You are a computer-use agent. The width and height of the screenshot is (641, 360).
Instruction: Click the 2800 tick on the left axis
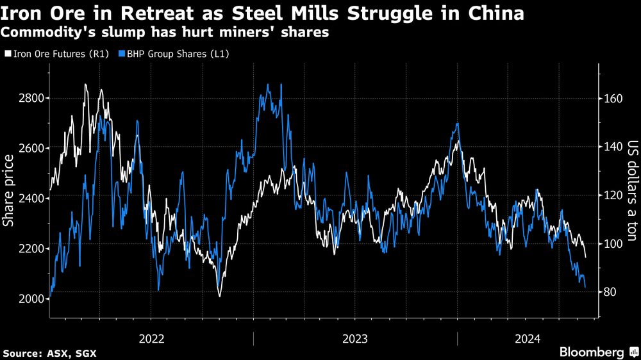click(31, 98)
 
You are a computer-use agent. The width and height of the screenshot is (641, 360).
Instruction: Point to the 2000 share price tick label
click(31, 299)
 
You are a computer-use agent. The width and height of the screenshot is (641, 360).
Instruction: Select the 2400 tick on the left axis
click(31, 199)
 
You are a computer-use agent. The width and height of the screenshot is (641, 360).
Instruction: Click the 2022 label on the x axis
click(151, 339)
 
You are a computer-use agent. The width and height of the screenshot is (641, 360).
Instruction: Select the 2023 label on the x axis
click(355, 339)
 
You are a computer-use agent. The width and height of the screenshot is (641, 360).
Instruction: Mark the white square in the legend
click(6, 54)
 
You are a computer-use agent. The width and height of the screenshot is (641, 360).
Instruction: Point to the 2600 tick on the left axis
click(31, 148)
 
